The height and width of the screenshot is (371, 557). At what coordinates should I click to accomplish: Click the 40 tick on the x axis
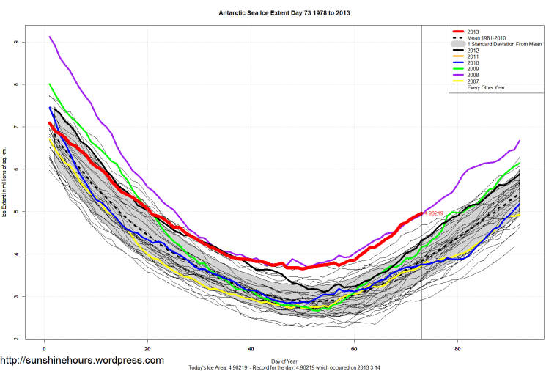point(251,349)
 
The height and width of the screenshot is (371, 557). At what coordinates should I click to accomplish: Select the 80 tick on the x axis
point(458,349)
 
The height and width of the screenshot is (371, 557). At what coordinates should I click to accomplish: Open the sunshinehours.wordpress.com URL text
point(82,361)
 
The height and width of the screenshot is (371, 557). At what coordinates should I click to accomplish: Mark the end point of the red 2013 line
point(421,213)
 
